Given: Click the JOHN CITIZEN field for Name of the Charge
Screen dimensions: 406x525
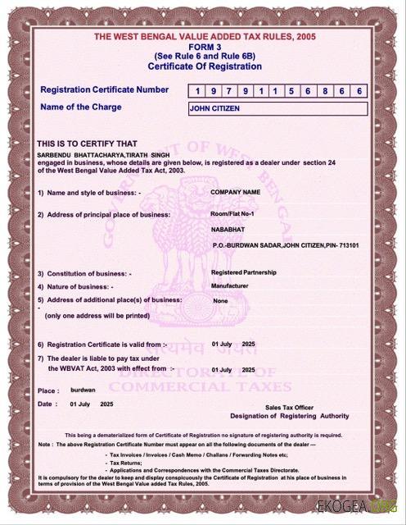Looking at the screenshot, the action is click(x=277, y=108).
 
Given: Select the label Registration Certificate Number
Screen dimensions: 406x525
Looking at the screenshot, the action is click(x=104, y=89).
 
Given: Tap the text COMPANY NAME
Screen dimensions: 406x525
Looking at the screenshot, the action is click(x=236, y=191).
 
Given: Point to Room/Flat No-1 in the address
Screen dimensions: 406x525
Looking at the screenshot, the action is click(x=234, y=213).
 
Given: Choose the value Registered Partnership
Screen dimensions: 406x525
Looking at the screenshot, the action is click(x=243, y=272).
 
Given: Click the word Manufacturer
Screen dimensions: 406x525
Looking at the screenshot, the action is click(x=231, y=286).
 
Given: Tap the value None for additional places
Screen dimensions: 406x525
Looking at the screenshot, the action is click(x=220, y=301).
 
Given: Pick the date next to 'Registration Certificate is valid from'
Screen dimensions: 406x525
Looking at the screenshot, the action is click(x=233, y=344).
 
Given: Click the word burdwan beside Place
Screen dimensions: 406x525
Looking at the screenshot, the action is click(x=83, y=390).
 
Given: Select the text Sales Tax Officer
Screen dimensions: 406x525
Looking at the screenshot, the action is click(x=289, y=407).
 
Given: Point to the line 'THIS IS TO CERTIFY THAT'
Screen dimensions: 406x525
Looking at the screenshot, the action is click(x=90, y=143).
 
